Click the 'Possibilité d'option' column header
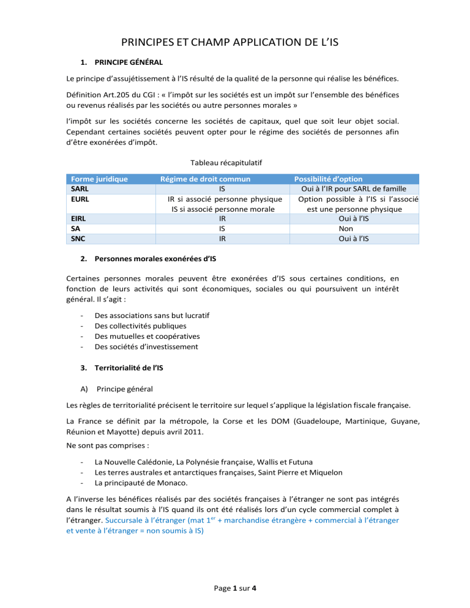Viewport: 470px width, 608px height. click(329, 179)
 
